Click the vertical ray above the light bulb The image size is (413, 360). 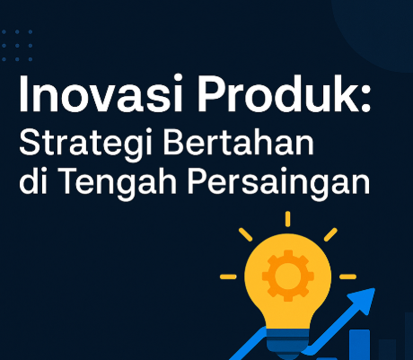point(287,218)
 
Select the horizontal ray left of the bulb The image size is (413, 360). point(229,276)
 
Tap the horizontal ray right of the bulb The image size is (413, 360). point(347,276)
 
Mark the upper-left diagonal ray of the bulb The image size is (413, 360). point(246,234)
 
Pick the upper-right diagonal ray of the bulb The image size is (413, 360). point(330,234)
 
